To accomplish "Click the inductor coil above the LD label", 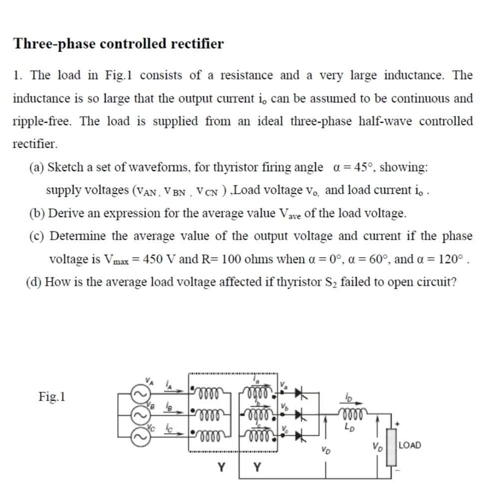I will pos(353,414).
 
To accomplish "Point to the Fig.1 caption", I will pos(53,397).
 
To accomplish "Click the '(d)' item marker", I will pos(34,282).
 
